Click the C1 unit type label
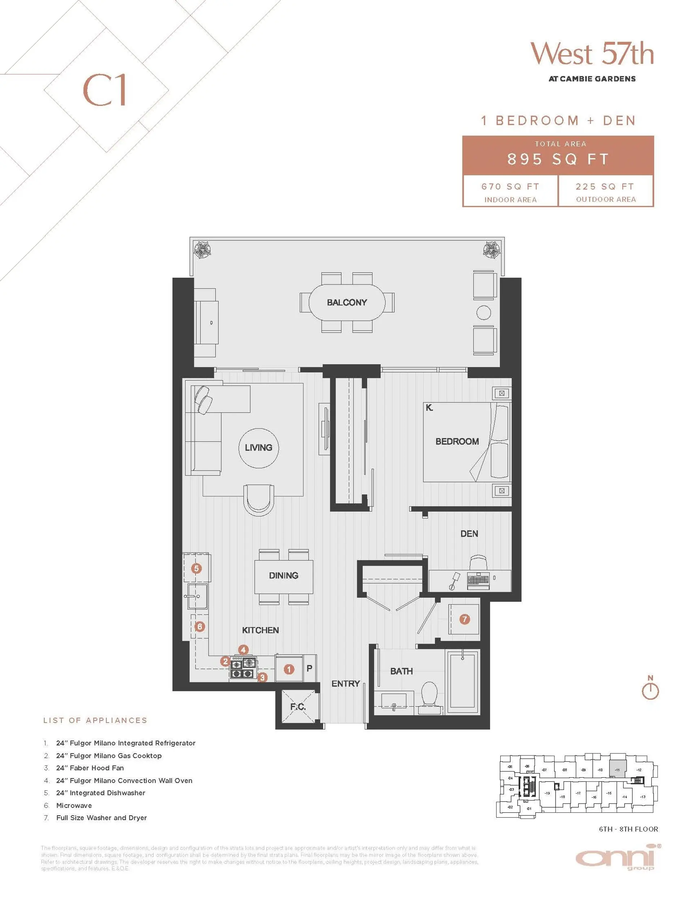click(105, 90)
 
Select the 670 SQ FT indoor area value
click(510, 187)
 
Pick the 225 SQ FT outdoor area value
click(605, 187)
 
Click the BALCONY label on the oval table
click(347, 302)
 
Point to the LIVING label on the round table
click(258, 448)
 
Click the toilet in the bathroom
click(429, 696)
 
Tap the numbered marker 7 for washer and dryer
click(464, 619)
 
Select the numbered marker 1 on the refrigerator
click(289, 669)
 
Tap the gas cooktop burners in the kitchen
click(243, 669)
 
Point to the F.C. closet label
click(298, 707)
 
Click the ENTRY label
click(346, 684)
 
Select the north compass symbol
click(650, 691)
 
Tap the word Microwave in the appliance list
click(74, 805)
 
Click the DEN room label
click(469, 534)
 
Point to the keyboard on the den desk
click(478, 580)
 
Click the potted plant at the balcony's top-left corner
click(202, 249)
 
